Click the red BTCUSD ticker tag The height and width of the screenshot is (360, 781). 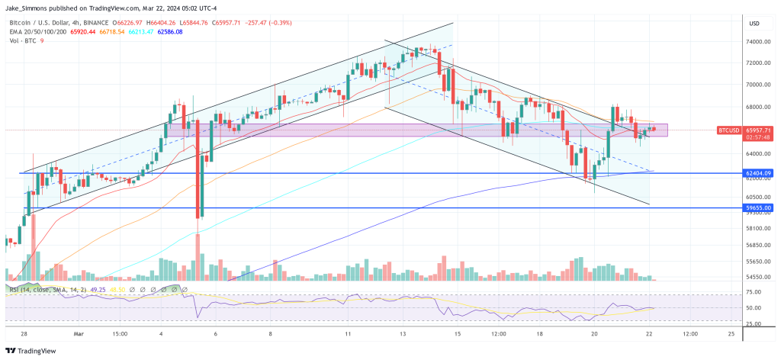click(x=729, y=131)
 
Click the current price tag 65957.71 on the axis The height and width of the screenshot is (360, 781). click(x=760, y=130)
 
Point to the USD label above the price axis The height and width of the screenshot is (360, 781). click(x=755, y=23)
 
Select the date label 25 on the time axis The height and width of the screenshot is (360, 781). click(x=731, y=333)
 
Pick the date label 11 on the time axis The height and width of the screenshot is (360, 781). click(x=349, y=333)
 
